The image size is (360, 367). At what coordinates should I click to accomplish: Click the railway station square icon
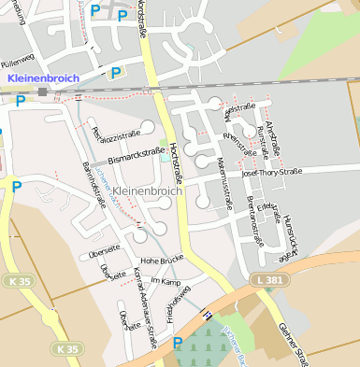tap(42, 92)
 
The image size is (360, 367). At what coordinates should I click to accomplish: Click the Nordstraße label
tap(142, 21)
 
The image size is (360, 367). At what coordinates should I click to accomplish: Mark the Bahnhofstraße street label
tap(94, 182)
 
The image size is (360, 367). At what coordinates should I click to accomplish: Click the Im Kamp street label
tap(164, 281)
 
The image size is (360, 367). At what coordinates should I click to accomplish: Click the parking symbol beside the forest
tap(178, 344)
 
